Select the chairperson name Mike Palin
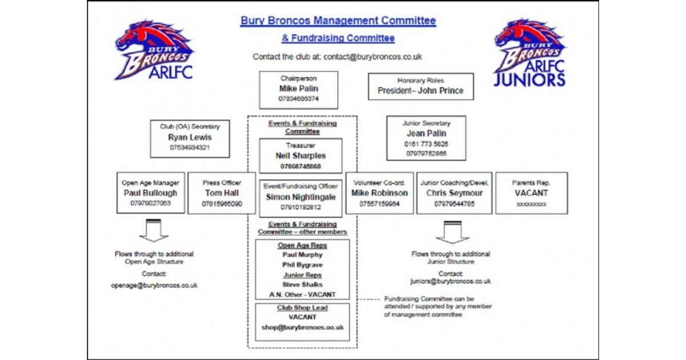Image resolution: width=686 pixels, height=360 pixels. pyautogui.click(x=298, y=89)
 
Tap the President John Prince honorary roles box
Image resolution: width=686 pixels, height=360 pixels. pyautogui.click(x=421, y=87)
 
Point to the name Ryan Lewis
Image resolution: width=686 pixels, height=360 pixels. pyautogui.click(x=190, y=137)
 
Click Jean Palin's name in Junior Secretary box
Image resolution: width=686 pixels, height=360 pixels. pyautogui.click(x=426, y=134)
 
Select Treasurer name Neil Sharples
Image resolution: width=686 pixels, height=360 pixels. pyautogui.click(x=300, y=155)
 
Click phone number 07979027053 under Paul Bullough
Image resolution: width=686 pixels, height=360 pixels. pyautogui.click(x=151, y=203)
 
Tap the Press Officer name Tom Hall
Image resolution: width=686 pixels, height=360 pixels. pyautogui.click(x=222, y=193)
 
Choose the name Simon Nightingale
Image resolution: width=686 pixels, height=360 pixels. pyautogui.click(x=300, y=197)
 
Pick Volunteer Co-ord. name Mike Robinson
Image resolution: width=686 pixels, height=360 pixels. pyautogui.click(x=380, y=193)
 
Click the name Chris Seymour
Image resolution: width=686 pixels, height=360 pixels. pyautogui.click(x=454, y=193)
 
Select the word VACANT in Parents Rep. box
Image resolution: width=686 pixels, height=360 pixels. pyautogui.click(x=531, y=193)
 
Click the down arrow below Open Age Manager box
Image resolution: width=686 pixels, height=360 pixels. pyautogui.click(x=153, y=231)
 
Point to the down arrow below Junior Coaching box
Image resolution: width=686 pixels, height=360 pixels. pyautogui.click(x=452, y=232)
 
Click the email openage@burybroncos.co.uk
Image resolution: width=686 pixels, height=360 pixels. pyautogui.click(x=154, y=285)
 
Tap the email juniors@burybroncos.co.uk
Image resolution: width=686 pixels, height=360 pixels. pyautogui.click(x=450, y=281)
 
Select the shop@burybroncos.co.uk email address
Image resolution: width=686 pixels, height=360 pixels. pyautogui.click(x=302, y=327)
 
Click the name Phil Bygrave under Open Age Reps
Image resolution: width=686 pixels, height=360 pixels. pyautogui.click(x=302, y=265)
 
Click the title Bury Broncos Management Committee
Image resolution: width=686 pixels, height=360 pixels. pyautogui.click(x=338, y=21)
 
